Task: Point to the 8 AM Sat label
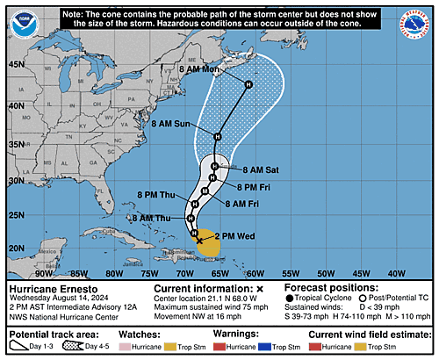click(260, 169)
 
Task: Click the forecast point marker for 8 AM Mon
click(248, 84)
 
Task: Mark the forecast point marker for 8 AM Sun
click(217, 136)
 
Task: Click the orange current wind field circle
click(208, 244)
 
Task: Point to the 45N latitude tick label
click(16, 64)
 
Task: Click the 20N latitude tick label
click(16, 248)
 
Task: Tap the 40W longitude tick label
click(396, 273)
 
